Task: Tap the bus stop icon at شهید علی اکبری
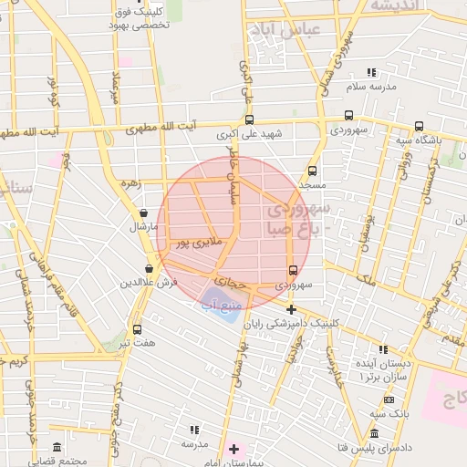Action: (x=249, y=119)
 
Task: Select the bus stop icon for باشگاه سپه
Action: (x=419, y=127)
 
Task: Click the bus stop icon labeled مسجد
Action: (x=313, y=171)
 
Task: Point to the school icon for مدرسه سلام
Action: (x=370, y=72)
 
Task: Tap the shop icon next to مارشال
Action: (x=144, y=213)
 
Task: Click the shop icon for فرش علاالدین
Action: (x=148, y=269)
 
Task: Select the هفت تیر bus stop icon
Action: (x=137, y=329)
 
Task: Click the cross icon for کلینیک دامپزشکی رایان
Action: (x=291, y=310)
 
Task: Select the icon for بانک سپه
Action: (x=390, y=400)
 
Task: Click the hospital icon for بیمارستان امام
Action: (x=234, y=448)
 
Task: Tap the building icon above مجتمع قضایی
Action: (x=57, y=448)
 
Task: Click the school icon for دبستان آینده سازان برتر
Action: (x=383, y=349)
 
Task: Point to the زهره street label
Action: (x=130, y=183)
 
